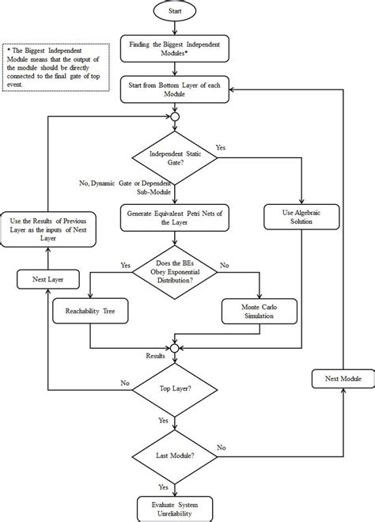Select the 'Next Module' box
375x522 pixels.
click(x=342, y=380)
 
